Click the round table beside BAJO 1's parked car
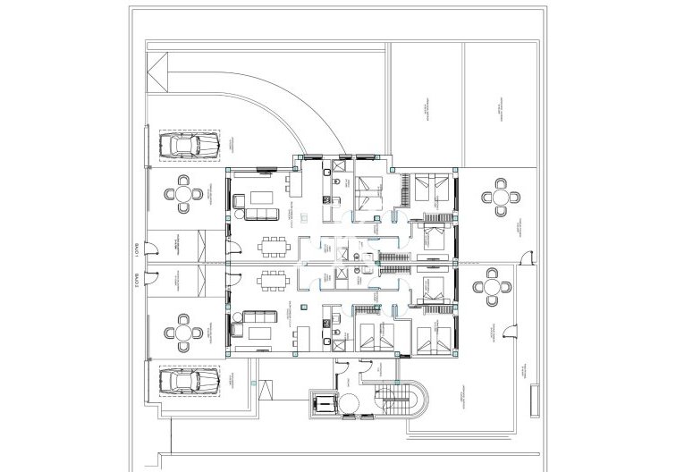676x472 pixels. tap(184, 193)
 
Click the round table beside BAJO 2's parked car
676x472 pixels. tap(184, 333)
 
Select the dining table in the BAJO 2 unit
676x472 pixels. tap(274, 282)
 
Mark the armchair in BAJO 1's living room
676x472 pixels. tap(239, 201)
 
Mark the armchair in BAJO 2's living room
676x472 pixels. tap(239, 327)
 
